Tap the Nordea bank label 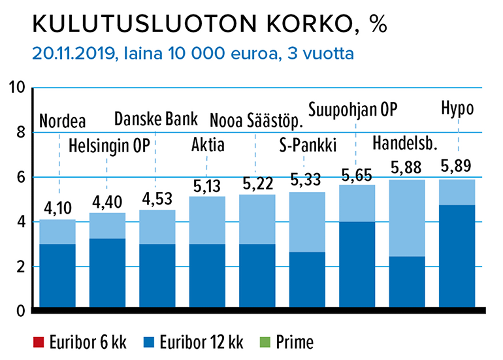(x=63, y=122)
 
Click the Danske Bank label (x=155, y=120)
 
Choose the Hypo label (x=457, y=108)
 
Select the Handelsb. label (x=404, y=143)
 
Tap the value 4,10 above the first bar (x=57, y=209)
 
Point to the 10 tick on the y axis (x=16, y=88)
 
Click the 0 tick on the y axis (x=20, y=310)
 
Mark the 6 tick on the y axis (x=20, y=177)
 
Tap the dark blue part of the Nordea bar (x=57, y=274)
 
